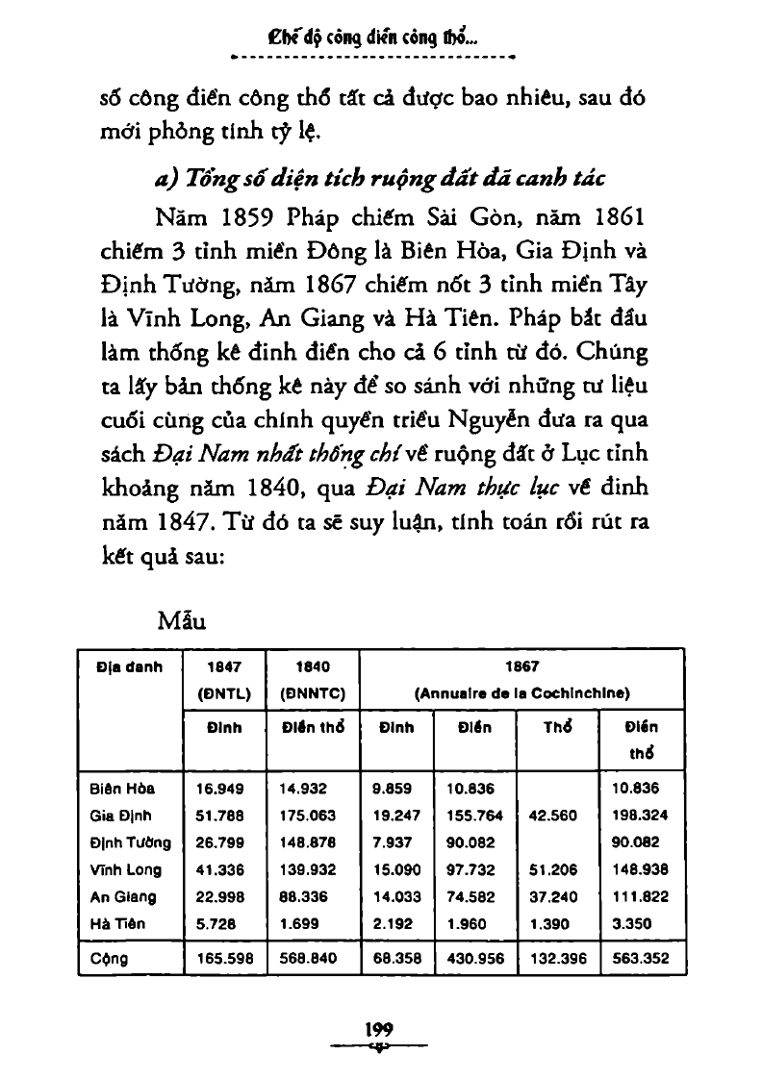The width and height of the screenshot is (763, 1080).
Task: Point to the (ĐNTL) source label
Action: tap(223, 691)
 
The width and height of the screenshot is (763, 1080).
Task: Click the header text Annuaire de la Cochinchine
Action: tap(521, 691)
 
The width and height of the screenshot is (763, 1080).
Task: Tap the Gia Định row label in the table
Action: tap(117, 816)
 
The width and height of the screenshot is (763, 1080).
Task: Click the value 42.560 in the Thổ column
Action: tap(552, 816)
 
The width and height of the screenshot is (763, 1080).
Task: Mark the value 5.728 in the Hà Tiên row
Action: tap(215, 924)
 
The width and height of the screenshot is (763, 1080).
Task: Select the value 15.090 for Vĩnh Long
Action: tap(396, 870)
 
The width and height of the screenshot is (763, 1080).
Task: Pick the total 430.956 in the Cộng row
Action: tap(474, 959)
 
